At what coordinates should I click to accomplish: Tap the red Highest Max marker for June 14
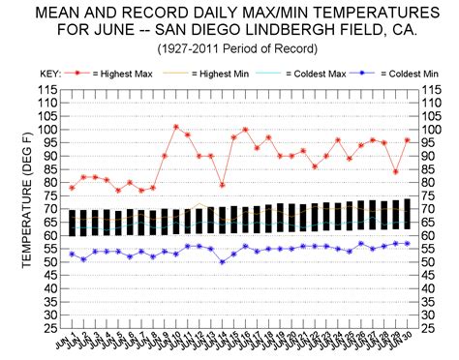point(223,185)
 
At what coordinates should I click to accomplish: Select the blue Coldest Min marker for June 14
point(223,261)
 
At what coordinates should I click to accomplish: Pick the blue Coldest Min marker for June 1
point(72,254)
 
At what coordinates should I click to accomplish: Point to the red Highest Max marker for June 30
point(407,140)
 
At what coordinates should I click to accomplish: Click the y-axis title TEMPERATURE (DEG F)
point(16,208)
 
